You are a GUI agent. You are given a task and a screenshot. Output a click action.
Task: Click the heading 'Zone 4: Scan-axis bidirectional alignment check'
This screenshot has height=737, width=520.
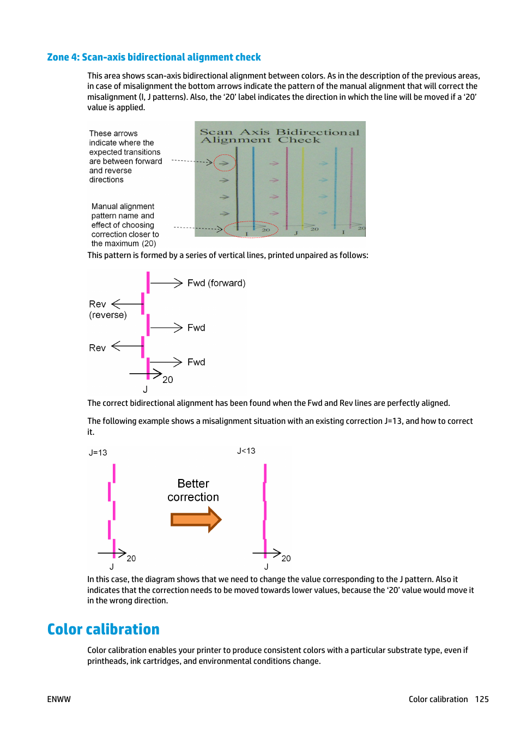point(154,57)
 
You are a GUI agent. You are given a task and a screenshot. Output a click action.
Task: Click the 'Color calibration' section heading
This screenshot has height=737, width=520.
point(103,629)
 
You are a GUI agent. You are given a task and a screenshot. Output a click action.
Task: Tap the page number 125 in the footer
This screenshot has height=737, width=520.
point(481,699)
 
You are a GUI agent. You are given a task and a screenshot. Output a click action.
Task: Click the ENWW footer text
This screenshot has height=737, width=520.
point(59,699)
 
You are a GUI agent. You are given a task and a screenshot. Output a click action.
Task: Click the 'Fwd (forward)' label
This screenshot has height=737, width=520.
point(216,283)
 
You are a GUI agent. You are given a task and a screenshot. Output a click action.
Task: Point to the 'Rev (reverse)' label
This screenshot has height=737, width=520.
point(107,309)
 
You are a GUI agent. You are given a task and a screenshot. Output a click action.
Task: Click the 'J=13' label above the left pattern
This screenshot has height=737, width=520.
point(98,452)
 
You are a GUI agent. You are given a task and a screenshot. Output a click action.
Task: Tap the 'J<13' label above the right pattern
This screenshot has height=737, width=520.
point(246,451)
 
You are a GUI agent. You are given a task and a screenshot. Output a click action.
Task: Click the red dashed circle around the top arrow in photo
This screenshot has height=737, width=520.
point(224,163)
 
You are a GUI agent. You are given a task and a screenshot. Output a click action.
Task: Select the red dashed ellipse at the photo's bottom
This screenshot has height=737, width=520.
point(251,230)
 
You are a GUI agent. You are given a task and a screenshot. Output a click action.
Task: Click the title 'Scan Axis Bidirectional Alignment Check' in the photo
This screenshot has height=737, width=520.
point(280,136)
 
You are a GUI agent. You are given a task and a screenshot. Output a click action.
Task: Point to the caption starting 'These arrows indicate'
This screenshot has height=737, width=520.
point(125,157)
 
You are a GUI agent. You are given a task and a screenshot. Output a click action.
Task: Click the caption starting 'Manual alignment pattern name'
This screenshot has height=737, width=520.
point(125,225)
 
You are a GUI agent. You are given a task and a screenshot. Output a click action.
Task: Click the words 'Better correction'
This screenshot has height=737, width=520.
point(193,490)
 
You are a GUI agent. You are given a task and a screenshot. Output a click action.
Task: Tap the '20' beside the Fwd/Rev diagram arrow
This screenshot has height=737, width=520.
point(168,380)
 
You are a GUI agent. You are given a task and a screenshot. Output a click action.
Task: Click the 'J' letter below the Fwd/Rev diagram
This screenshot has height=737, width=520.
point(145,390)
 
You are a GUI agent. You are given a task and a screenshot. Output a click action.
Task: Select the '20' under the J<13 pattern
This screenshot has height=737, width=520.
point(286,558)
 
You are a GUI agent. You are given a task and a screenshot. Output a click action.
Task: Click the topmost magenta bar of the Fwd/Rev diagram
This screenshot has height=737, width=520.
point(148,283)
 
